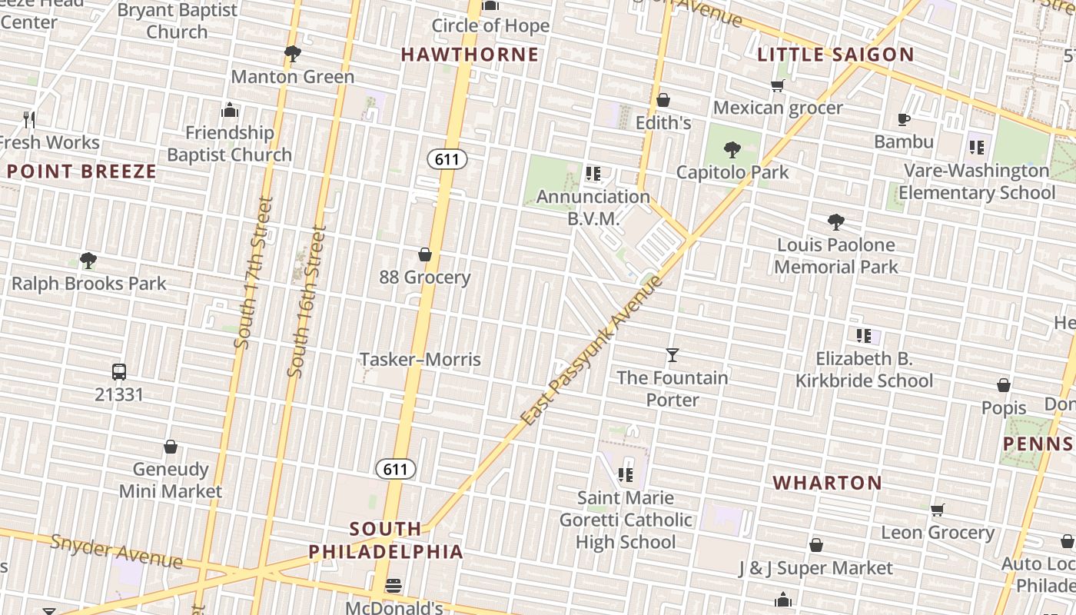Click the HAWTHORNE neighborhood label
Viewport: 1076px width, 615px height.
coord(470,55)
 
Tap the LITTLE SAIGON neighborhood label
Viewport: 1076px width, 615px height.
coord(835,55)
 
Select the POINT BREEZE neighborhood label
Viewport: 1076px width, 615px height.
coord(81,171)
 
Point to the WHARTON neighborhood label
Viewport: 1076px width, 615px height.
coord(827,483)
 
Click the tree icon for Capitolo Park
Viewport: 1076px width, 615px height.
coord(732,149)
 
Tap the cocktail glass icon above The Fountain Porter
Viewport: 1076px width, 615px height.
coord(672,355)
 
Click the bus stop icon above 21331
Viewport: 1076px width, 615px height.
coord(119,372)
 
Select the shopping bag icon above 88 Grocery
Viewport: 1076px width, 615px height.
coord(424,254)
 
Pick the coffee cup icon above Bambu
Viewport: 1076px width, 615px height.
coord(904,119)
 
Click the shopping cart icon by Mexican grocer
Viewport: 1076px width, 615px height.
coord(777,86)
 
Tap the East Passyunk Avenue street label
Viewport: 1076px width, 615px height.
coord(592,351)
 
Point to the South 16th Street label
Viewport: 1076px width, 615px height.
coord(307,301)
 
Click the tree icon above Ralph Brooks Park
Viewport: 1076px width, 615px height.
coord(88,261)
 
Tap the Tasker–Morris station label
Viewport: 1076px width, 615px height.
coord(420,360)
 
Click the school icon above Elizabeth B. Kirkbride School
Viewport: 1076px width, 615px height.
coord(864,336)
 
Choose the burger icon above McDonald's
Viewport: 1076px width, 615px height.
coord(394,587)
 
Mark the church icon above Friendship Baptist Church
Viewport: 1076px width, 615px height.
coord(229,111)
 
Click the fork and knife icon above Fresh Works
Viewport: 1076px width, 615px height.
coord(29,119)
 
